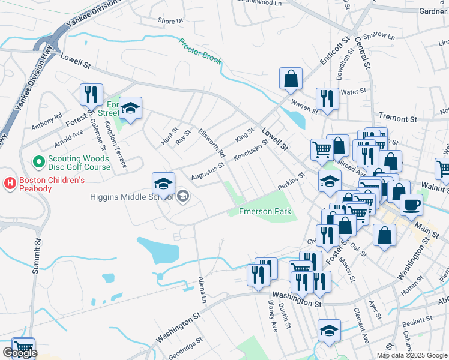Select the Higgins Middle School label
(131, 196)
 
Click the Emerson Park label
(265, 211)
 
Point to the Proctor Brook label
(200, 52)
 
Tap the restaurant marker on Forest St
(91, 95)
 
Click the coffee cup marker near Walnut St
(411, 204)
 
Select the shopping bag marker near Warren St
(291, 78)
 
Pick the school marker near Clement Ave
(329, 331)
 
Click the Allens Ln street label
(203, 289)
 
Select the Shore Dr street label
(170, 21)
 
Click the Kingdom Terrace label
(115, 144)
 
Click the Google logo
(20, 353)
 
